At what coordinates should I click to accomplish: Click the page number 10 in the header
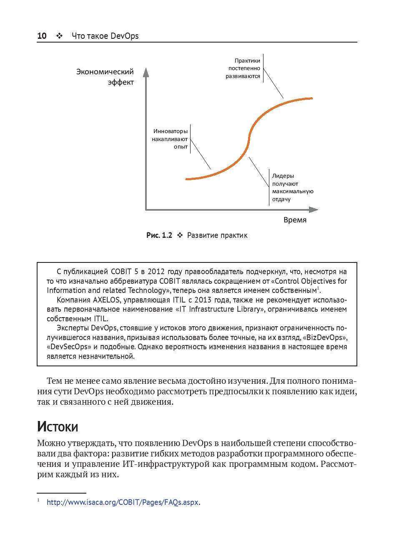coord(42,36)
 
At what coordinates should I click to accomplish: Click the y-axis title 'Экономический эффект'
coord(105,77)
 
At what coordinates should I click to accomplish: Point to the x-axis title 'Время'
coord(295,220)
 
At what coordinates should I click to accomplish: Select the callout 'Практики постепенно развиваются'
coord(243,68)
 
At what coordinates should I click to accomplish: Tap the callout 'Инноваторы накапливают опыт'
coord(170,139)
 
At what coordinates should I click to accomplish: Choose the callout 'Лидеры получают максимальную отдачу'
coord(292,188)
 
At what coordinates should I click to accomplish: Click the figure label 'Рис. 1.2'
coord(159,235)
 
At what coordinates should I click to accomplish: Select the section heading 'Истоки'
coord(58,426)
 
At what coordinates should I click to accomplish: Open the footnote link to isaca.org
coord(123,502)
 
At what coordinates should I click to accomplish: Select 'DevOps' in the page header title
coord(125,36)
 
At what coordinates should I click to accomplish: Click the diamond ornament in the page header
coord(59,36)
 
